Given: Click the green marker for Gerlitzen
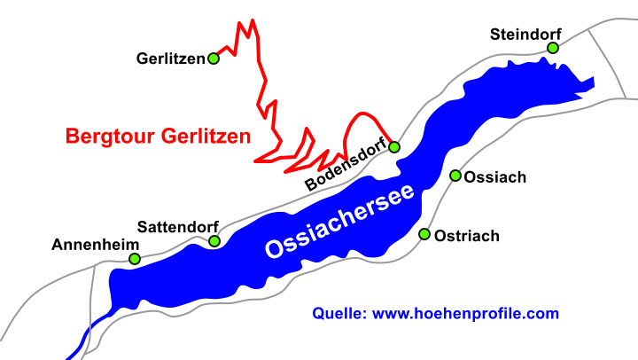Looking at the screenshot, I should tap(214, 59).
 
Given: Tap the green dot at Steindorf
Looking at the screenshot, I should tap(552, 48).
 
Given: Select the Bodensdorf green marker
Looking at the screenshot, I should tap(394, 146).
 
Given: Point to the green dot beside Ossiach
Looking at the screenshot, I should tap(456, 176).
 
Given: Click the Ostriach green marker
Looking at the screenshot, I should tap(424, 234).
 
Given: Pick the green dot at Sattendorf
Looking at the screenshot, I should tap(214, 240).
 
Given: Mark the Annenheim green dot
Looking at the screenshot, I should tap(135, 259).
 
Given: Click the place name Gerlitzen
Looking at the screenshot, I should tap(170, 59).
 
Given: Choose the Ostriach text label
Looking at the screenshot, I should tap(467, 236).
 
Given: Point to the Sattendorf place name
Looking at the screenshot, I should tap(177, 227).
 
